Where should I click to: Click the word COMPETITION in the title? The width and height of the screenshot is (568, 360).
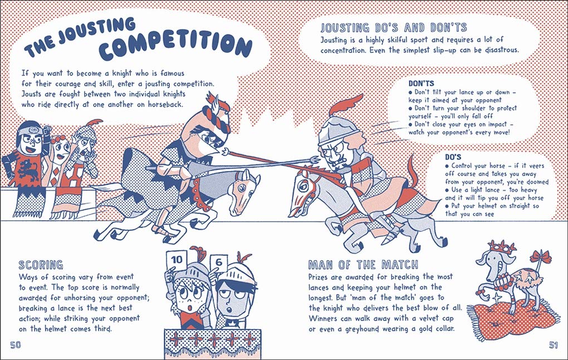coord(175,46)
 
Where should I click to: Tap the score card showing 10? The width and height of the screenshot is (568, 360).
coord(177,260)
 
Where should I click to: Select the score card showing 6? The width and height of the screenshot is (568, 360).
coord(218,262)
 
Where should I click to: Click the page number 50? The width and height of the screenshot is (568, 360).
coord(16,345)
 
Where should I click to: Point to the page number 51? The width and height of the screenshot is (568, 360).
coord(553,345)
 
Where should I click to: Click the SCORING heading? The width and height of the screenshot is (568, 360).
coord(41,265)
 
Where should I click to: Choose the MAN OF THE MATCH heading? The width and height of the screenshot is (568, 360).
coord(363,265)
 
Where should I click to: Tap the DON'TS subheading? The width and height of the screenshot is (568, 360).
coord(421,84)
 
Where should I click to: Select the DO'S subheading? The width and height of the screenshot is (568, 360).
coord(453,157)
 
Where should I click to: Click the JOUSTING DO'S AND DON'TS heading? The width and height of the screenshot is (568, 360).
coord(394,27)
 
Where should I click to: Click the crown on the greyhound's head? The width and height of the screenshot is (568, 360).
coord(502,247)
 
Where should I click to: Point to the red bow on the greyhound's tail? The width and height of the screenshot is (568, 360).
coord(541,256)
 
